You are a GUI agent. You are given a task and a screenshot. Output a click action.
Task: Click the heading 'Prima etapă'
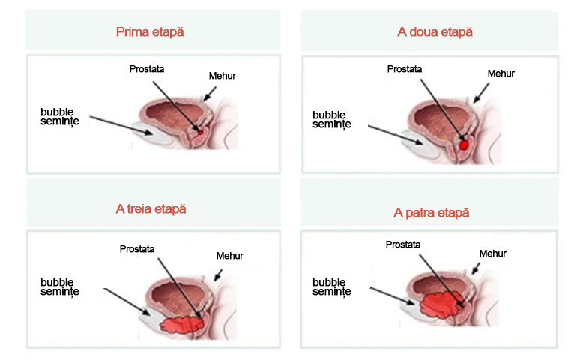pos(150,32)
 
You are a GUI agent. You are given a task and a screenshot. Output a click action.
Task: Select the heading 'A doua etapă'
pos(435,32)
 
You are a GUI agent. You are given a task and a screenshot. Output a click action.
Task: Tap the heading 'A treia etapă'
pos(151,208)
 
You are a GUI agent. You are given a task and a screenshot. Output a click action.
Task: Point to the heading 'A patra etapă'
pos(432,212)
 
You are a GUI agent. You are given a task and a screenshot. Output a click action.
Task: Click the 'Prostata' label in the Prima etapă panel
pos(147,69)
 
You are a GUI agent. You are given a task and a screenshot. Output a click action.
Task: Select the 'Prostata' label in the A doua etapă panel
pos(405,69)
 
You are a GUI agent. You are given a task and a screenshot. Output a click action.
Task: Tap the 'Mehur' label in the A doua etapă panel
pos(501,73)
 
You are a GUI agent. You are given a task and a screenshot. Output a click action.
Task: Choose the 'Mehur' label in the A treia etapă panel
pos(230,256)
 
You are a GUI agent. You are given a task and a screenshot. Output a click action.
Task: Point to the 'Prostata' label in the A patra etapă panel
pos(403,244)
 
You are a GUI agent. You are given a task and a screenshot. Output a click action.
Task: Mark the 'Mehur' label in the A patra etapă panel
pos(492,253)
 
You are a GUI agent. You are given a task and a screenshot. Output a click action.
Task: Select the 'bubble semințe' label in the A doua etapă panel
pos(330,119)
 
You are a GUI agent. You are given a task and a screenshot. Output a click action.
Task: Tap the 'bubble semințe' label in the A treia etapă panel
pos(60,286)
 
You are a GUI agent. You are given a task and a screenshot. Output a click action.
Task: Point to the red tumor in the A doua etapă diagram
pos(465,143)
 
